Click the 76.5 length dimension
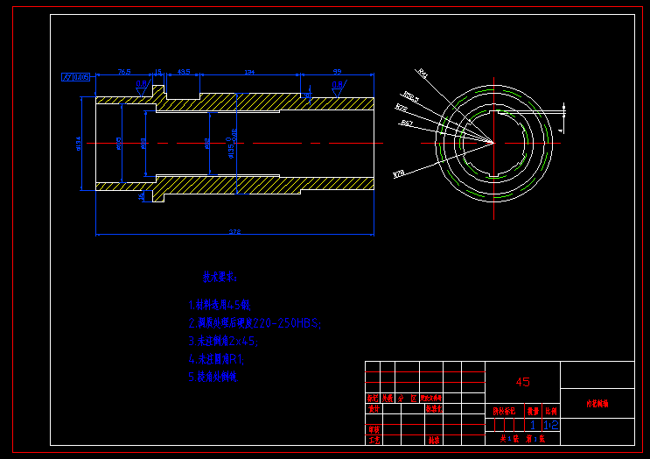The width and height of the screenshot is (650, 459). coord(124,72)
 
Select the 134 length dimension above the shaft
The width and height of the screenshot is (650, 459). coord(249,72)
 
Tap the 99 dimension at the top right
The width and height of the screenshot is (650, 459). coord(337,72)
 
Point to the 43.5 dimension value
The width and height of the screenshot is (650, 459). coord(184,72)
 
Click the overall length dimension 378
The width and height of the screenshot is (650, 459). coord(234,231)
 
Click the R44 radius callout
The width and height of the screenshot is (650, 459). coord(423,74)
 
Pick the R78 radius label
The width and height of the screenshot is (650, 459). coord(399,173)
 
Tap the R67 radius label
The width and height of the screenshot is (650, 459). coord(407,124)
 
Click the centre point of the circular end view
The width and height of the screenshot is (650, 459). coord(493,142)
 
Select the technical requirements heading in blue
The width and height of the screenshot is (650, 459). coord(220,278)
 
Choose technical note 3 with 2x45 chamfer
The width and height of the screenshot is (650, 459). coord(222,341)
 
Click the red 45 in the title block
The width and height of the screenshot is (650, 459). coord(522,382)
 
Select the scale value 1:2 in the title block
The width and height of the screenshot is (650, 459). coord(550,425)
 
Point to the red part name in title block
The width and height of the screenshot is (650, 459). coord(598,405)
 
